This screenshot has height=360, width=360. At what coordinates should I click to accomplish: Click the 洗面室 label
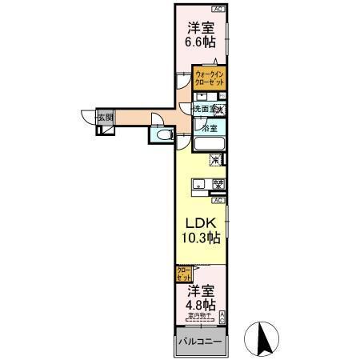203,109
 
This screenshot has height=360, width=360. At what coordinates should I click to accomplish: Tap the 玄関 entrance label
105,118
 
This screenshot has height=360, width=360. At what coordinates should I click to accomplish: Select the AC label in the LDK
218,200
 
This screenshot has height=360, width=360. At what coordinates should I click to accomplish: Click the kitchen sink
198,186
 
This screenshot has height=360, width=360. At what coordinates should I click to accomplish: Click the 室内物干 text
199,316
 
